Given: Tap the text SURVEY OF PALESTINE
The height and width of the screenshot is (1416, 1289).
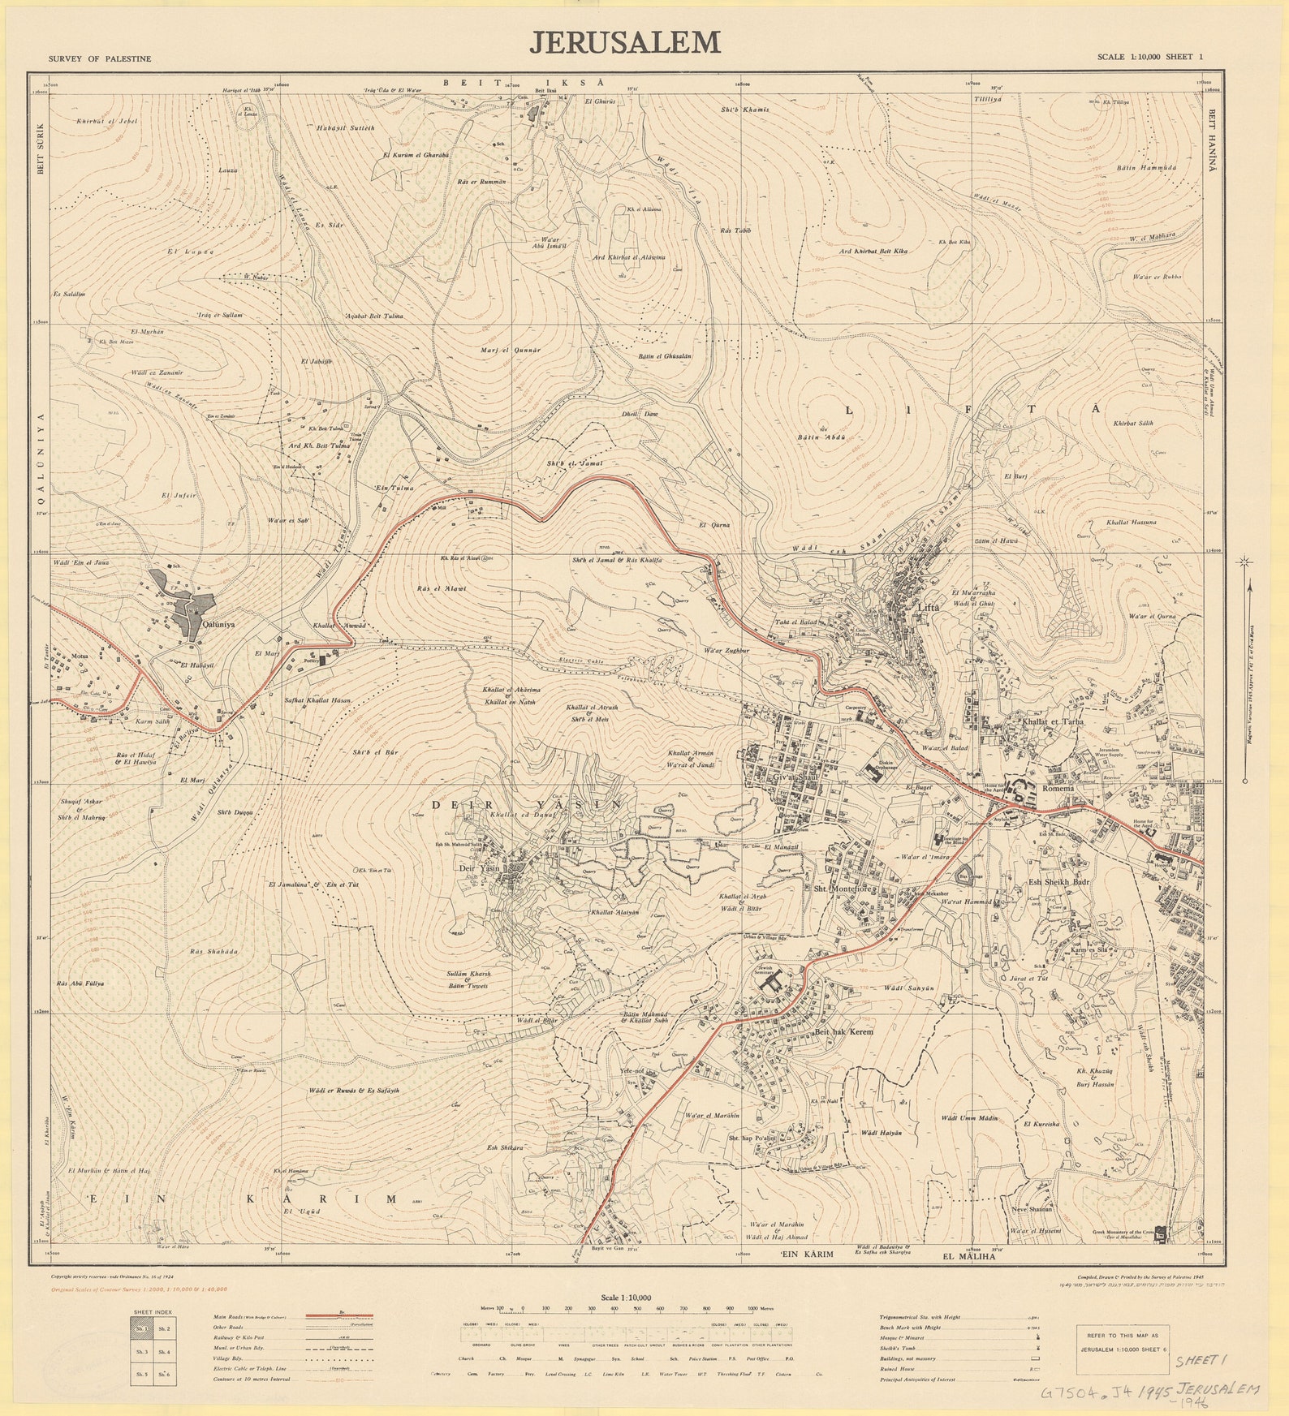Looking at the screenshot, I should pyautogui.click(x=99, y=59).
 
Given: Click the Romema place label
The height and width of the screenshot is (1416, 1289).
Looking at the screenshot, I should pyautogui.click(x=1058, y=788).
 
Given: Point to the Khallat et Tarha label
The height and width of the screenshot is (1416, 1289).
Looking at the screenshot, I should pyautogui.click(x=1054, y=721).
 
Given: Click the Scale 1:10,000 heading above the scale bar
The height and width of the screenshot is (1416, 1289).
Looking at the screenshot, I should pyautogui.click(x=626, y=1298).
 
